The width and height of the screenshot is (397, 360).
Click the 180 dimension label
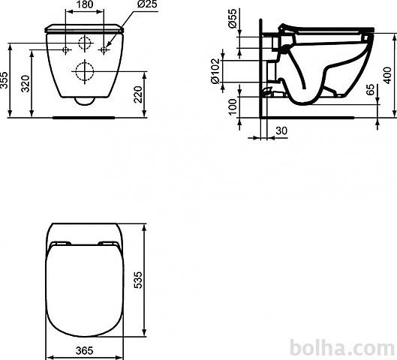pyautogui.click(x=85, y=4)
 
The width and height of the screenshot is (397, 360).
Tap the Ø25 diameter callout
pyautogui.click(x=147, y=4)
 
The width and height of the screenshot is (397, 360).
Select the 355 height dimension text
pyautogui.click(x=5, y=80)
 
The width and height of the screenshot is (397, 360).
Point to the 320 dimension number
pyautogui.click(x=26, y=83)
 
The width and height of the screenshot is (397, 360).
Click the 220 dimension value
pyautogui.click(x=138, y=94)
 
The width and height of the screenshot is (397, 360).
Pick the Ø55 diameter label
pyautogui.click(x=233, y=18)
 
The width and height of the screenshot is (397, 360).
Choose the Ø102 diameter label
pyautogui.click(x=215, y=71)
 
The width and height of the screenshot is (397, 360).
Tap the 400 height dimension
pyautogui.click(x=387, y=75)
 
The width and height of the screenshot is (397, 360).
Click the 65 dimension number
pyautogui.click(x=371, y=89)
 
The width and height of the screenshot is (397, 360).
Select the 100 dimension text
pyautogui.click(x=232, y=107)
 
